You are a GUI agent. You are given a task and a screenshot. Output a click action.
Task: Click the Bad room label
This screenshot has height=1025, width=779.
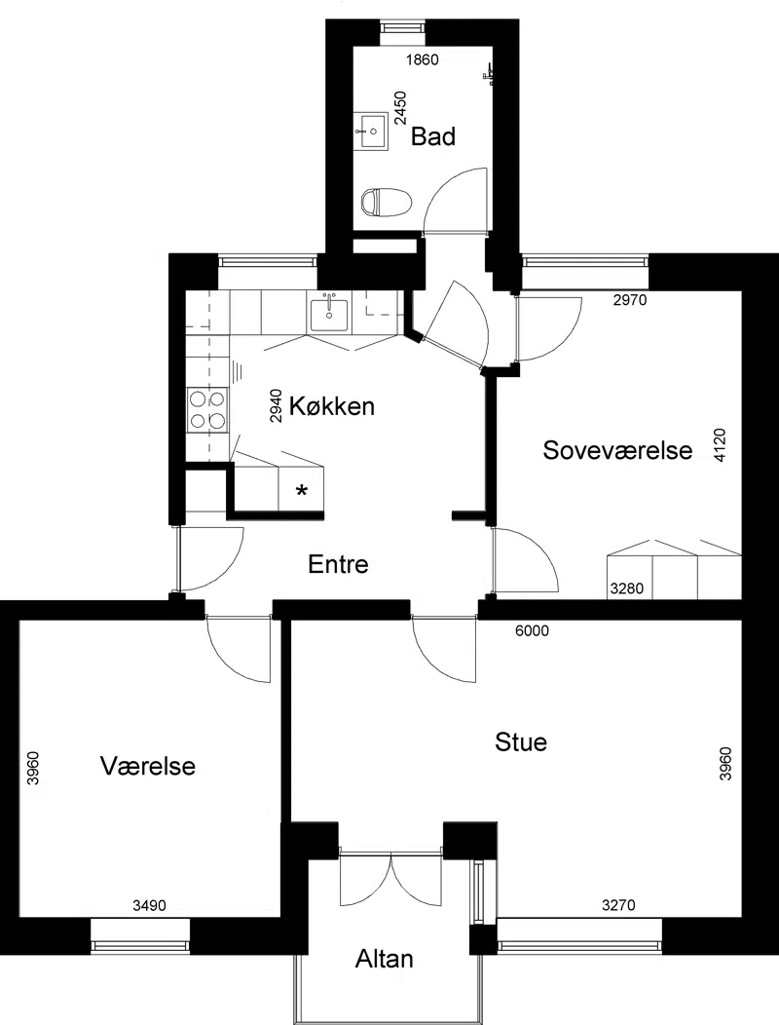point(432,136)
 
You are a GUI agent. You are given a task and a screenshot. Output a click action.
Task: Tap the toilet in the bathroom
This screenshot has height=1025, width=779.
point(387,201)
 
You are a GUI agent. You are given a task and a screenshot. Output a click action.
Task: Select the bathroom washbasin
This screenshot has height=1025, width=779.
point(371,132)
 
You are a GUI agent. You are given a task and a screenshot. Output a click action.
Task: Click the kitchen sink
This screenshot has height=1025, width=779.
point(331,314)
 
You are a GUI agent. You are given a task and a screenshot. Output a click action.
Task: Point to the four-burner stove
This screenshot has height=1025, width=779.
point(207,410)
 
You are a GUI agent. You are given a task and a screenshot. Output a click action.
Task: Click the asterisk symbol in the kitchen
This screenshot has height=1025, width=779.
point(301,491)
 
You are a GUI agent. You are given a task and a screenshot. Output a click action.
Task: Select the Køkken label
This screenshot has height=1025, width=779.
point(332,406)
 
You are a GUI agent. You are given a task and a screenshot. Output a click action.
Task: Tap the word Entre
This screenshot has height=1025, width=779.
point(338,564)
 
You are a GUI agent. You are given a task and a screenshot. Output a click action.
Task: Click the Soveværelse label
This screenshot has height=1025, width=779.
point(617,450)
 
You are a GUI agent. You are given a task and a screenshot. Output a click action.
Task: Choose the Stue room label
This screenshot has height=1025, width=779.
point(521,741)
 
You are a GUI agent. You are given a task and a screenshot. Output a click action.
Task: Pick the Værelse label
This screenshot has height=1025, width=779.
point(148,766)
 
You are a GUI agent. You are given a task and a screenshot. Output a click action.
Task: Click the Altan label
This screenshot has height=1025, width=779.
point(385,959)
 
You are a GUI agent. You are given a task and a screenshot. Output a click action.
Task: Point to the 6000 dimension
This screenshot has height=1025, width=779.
point(532,630)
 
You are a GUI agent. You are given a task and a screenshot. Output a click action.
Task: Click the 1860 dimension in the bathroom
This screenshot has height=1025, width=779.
point(423,60)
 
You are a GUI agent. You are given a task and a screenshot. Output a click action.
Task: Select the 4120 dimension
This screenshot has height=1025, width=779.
point(721,445)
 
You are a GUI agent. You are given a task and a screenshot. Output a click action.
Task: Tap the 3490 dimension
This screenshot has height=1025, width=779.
point(149,905)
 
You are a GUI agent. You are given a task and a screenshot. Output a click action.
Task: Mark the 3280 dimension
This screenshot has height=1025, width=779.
point(627,588)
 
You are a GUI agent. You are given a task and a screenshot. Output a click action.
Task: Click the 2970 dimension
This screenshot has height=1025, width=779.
point(630,300)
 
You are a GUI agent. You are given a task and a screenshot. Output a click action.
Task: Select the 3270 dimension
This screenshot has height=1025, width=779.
point(618,905)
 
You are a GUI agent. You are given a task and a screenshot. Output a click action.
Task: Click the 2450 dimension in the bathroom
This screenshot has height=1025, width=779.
point(400,108)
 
